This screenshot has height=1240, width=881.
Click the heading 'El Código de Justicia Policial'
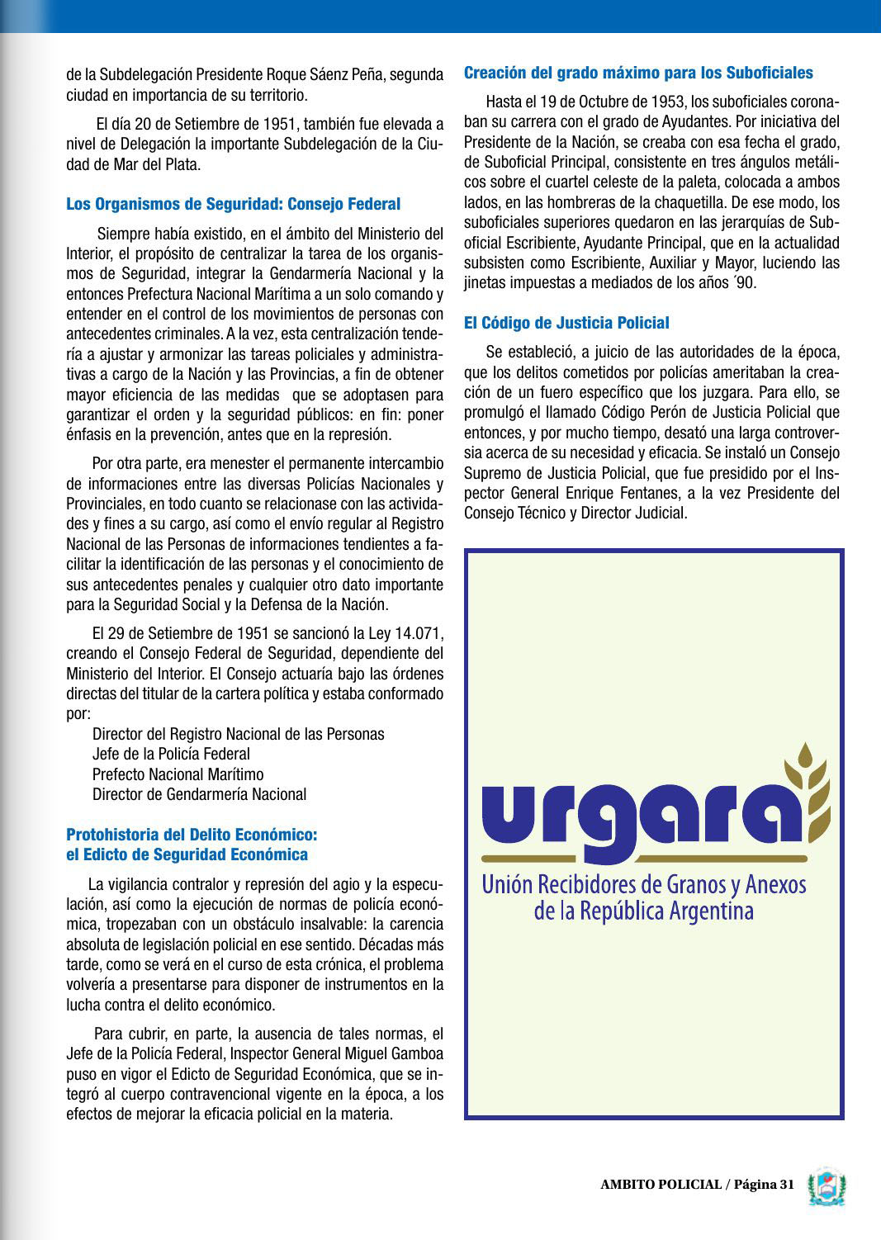click(x=566, y=323)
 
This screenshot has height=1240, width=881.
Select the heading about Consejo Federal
click(x=233, y=204)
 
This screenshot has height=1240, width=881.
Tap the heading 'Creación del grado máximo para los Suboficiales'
click(x=638, y=73)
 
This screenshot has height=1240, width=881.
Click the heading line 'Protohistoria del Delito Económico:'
click(x=192, y=834)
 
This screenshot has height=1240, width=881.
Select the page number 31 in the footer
click(x=784, y=1185)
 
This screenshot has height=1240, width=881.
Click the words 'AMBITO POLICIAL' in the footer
click(x=661, y=1185)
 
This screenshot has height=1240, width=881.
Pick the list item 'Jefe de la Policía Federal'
click(x=171, y=754)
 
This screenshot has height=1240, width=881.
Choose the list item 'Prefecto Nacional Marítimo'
click(x=178, y=774)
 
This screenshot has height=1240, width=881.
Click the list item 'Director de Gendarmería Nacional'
click(x=199, y=794)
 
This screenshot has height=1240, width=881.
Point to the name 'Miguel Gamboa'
click(x=399, y=1054)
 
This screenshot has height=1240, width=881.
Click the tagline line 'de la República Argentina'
click(x=644, y=912)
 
